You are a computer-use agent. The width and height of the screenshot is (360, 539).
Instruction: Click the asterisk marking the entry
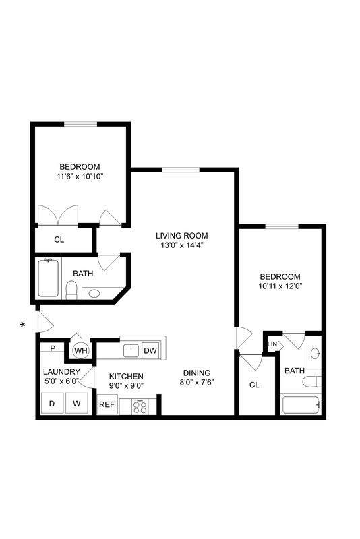23,325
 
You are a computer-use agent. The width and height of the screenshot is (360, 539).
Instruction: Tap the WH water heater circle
80,350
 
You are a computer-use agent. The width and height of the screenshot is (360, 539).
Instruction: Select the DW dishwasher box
150,350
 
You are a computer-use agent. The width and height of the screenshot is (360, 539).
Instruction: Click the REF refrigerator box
107,405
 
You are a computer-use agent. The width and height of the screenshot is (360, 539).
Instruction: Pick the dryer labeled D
52,404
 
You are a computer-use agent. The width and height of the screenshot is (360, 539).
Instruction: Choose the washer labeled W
77,404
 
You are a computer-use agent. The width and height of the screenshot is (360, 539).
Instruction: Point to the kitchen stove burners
140,406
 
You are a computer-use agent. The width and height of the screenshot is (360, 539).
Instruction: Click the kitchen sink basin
130,350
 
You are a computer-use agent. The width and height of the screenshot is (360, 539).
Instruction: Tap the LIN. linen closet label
273,344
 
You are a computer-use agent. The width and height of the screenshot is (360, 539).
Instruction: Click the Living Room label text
181,236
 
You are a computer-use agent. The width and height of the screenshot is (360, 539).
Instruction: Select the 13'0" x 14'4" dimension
181,246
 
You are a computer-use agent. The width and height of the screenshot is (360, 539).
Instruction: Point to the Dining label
197,373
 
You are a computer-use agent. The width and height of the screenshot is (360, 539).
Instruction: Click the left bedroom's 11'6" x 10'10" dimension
80,177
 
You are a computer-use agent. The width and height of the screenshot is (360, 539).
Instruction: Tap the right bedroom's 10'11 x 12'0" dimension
280,286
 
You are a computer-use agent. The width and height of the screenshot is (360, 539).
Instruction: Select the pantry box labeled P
52,348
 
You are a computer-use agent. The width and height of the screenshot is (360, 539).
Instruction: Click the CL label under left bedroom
59,239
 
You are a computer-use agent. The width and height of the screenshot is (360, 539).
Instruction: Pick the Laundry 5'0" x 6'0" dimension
61,382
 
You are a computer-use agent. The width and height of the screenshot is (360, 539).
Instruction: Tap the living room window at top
180,170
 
